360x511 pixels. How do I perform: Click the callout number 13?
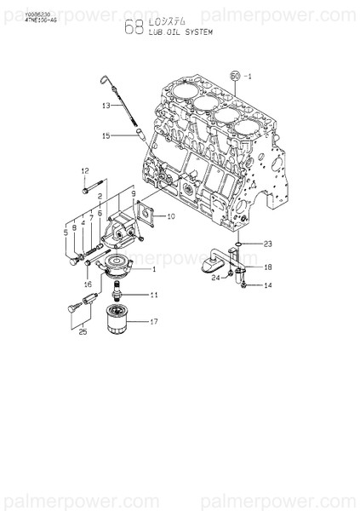[106, 106]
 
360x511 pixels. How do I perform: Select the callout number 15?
[106, 135]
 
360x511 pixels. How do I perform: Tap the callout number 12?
[85, 171]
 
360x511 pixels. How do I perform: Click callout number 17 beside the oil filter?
[154, 322]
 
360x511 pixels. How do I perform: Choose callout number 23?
[267, 243]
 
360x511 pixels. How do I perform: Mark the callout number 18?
[267, 267]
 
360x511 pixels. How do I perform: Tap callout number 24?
[216, 277]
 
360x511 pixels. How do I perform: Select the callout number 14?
[267, 285]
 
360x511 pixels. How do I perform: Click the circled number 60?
[237, 75]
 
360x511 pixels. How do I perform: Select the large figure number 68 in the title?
[134, 28]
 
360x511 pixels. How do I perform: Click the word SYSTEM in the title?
[195, 32]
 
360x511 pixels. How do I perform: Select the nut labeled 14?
[243, 284]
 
